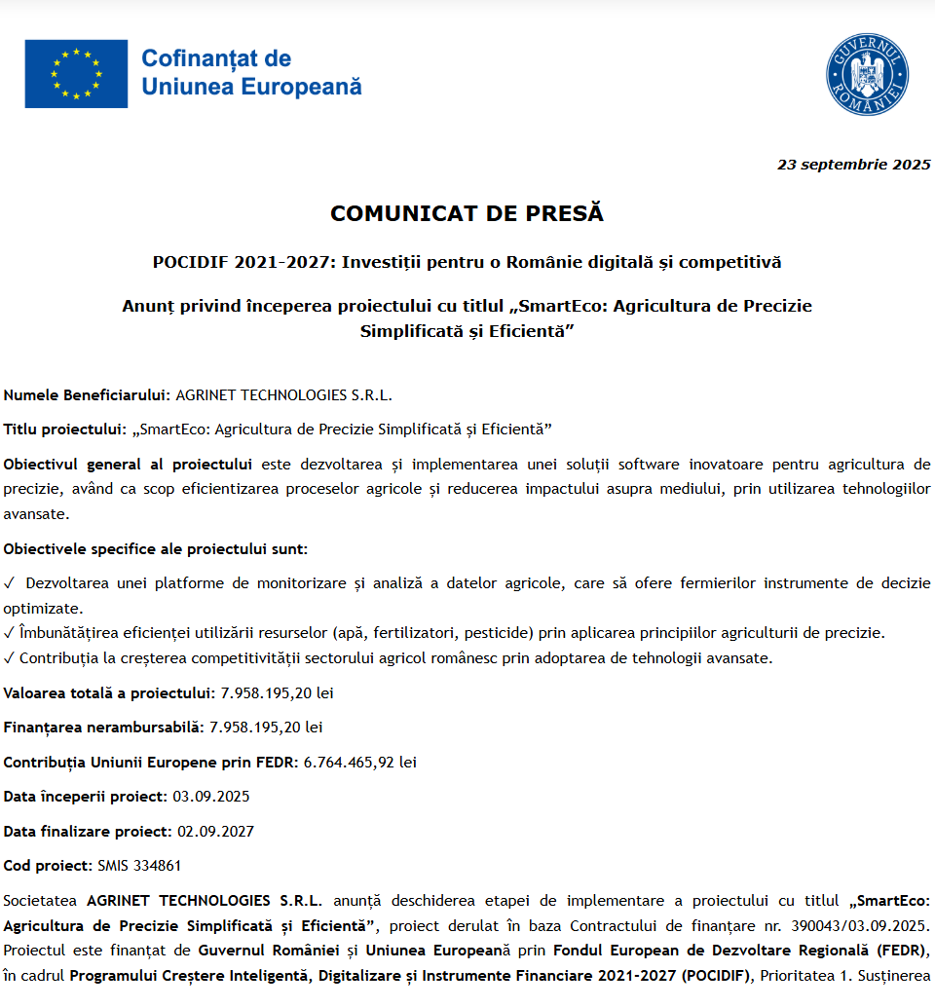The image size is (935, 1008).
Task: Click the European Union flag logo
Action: point(76,73)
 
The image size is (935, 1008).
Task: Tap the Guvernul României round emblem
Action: point(867,74)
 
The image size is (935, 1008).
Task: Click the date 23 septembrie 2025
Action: point(853,165)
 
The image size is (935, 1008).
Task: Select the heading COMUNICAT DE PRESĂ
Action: point(467,213)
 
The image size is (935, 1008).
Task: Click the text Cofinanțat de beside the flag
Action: point(216,58)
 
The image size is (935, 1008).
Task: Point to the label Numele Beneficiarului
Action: point(88,395)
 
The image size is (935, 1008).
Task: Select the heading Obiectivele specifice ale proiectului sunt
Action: point(156,549)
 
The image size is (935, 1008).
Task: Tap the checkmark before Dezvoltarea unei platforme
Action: point(10,583)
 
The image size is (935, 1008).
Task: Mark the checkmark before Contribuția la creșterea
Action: point(10,658)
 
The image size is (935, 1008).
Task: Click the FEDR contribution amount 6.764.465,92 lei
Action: point(360,763)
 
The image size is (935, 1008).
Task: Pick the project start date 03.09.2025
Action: point(211,797)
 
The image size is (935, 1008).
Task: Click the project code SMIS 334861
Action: point(139,866)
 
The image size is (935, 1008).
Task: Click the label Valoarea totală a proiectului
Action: point(108,693)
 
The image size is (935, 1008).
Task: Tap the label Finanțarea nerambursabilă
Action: point(104,728)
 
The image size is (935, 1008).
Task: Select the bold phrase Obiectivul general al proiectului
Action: point(128,465)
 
